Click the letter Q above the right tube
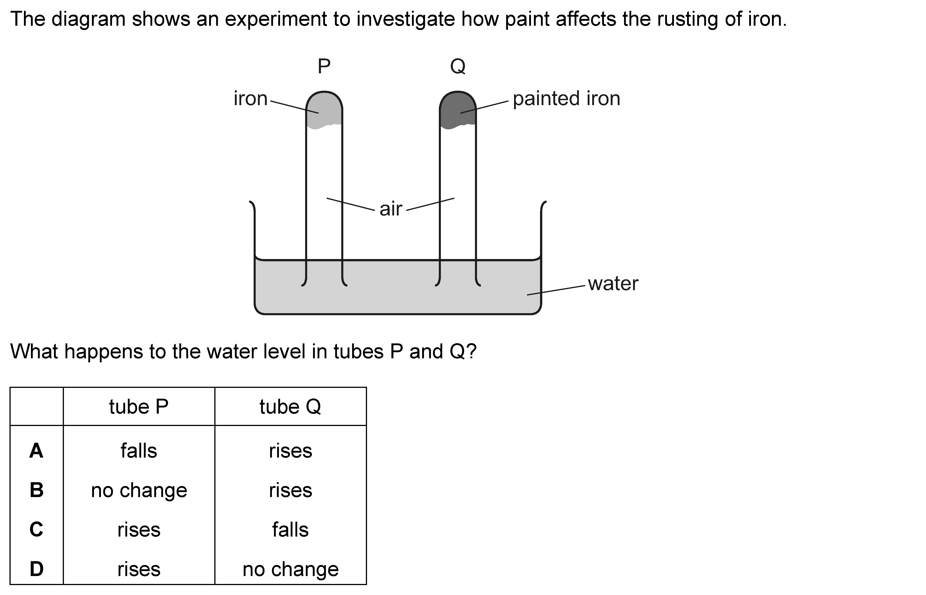point(458,67)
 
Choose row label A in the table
point(36,451)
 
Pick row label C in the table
point(36,529)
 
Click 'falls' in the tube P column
point(139,451)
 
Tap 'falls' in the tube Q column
point(290,529)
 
